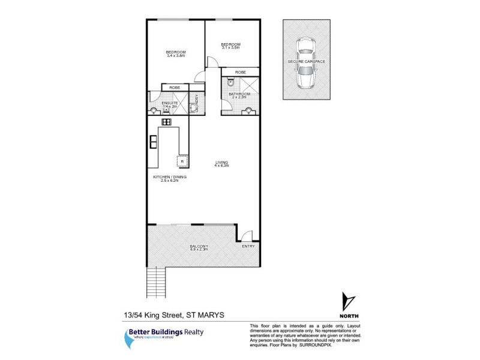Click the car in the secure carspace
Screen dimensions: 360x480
307,63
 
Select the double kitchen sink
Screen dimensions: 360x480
154,142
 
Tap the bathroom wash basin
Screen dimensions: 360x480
248,110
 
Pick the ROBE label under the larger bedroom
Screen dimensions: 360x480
175,88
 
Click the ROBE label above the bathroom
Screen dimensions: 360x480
241,72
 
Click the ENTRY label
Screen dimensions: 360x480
248,246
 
